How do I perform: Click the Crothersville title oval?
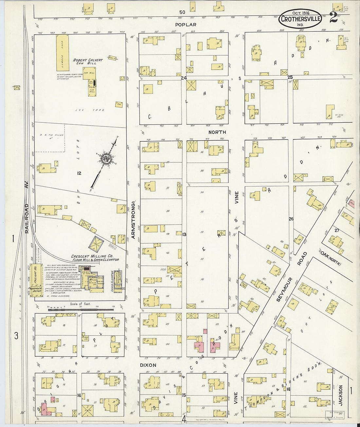[300, 19]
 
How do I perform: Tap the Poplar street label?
[186, 25]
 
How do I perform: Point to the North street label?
[217, 132]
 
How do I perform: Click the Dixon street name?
[148, 365]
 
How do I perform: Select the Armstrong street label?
[134, 221]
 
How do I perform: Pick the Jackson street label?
[340, 395]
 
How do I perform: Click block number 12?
[79, 173]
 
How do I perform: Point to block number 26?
[291, 219]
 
